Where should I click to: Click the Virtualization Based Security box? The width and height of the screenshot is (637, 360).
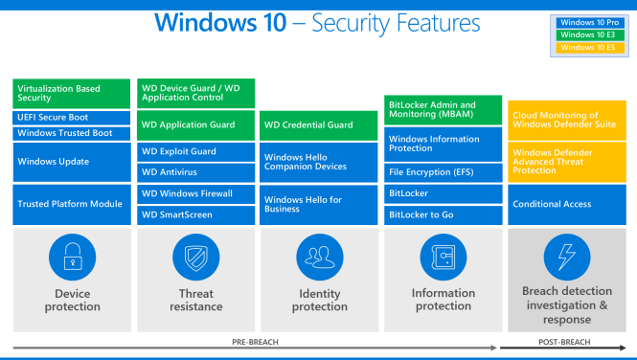[x=72, y=92]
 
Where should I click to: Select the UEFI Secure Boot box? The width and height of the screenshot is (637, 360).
[x=72, y=117]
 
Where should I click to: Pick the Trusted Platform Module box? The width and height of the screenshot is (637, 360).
[x=72, y=204]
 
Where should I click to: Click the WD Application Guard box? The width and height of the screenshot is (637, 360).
[x=195, y=124]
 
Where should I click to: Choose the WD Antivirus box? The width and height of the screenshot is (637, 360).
[x=195, y=171]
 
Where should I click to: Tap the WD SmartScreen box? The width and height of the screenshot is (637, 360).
[x=195, y=214]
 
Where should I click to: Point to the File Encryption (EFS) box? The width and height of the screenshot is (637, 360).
[x=444, y=172]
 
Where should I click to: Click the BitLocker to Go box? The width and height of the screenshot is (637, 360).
[x=444, y=214]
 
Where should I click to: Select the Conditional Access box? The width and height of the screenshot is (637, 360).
[x=566, y=204]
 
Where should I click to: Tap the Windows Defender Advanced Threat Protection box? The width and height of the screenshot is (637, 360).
[x=566, y=161]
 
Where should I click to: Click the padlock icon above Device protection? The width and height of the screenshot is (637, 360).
[x=72, y=257]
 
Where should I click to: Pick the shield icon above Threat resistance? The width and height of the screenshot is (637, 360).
[x=195, y=257]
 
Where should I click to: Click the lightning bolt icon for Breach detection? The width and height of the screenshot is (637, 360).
[x=566, y=257]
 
